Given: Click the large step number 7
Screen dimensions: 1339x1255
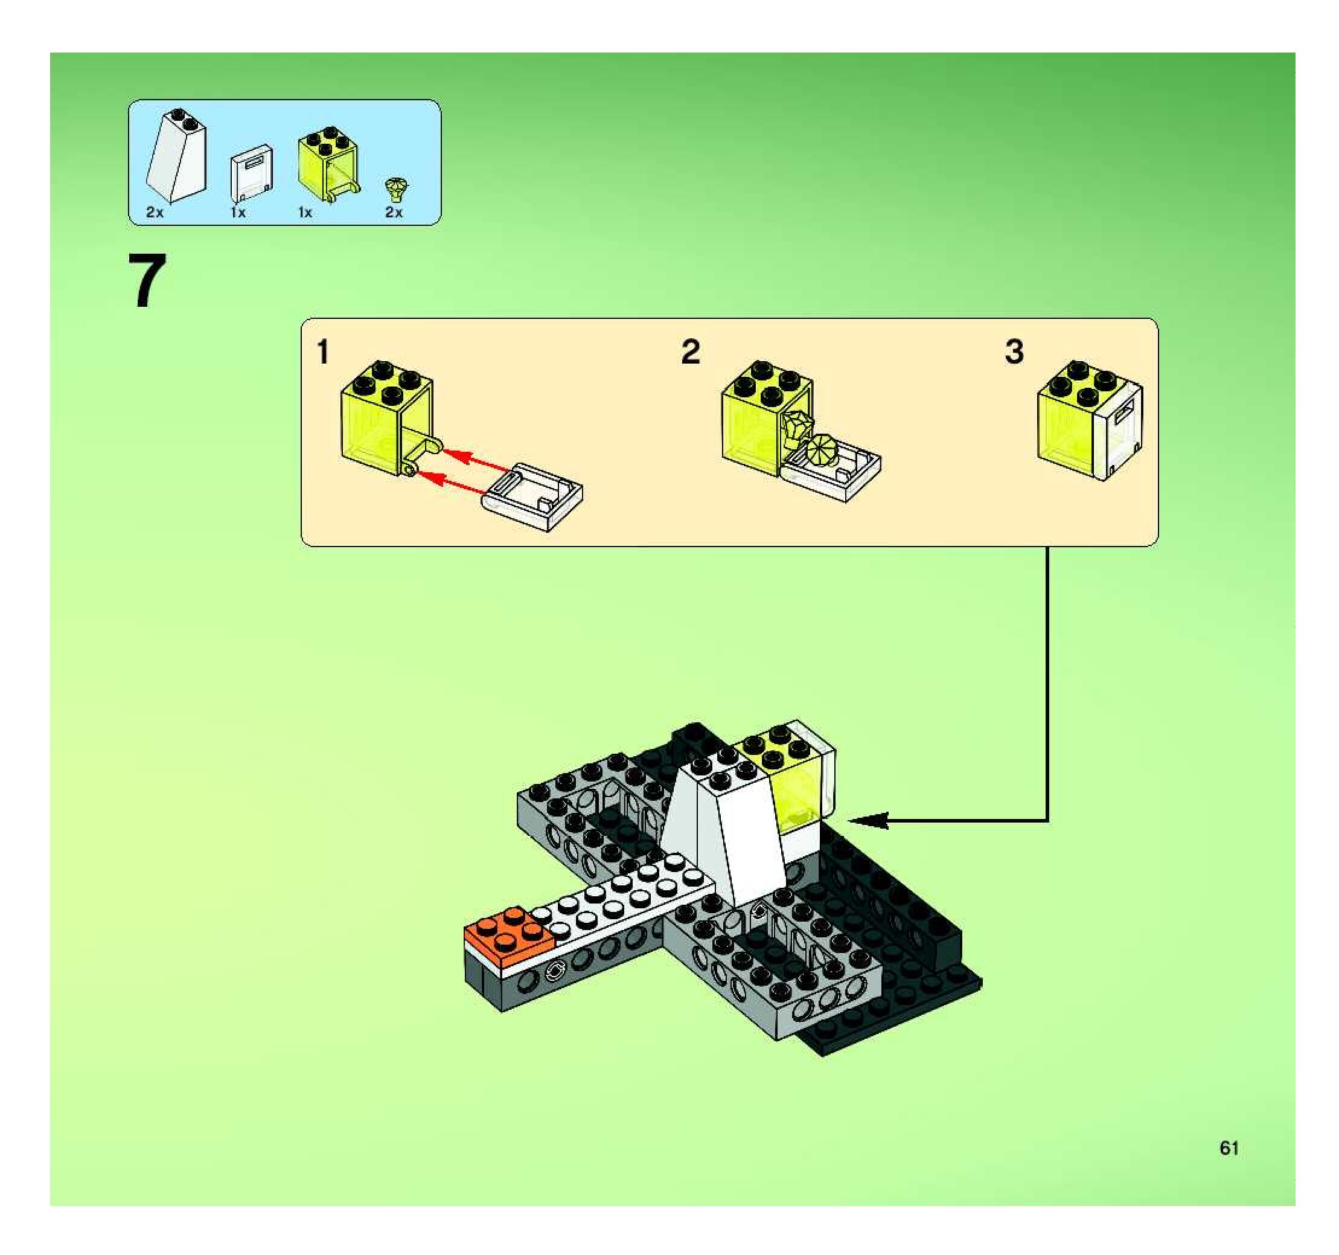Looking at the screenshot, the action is (147, 281).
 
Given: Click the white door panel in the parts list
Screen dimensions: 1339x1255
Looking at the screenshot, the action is (251, 173).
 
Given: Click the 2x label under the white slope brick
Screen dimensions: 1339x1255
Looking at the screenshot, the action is (155, 213).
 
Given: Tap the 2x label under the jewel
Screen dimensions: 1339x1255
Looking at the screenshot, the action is (394, 213).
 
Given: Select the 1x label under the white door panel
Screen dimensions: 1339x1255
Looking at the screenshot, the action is (238, 213).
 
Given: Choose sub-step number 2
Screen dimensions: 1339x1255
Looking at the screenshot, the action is (691, 352).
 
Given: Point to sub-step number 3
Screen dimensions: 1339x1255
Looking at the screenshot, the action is (1014, 352).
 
